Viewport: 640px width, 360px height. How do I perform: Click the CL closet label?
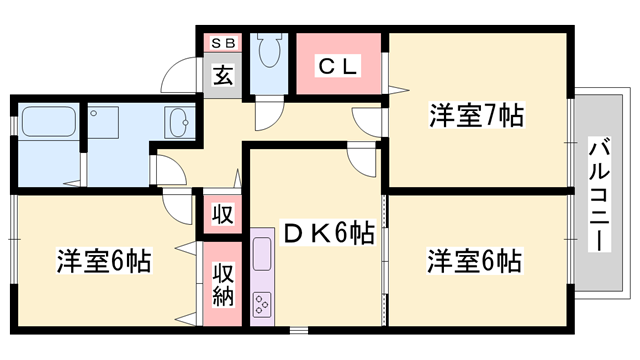[x=338, y=66]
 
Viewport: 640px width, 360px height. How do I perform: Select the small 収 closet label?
[x=222, y=214]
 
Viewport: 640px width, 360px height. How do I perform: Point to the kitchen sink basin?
[x=262, y=253]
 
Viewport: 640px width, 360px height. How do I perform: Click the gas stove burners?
[x=264, y=300]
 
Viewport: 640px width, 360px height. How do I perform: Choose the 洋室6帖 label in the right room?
[x=474, y=262]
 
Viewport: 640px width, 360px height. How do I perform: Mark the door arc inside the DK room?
[x=362, y=160]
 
